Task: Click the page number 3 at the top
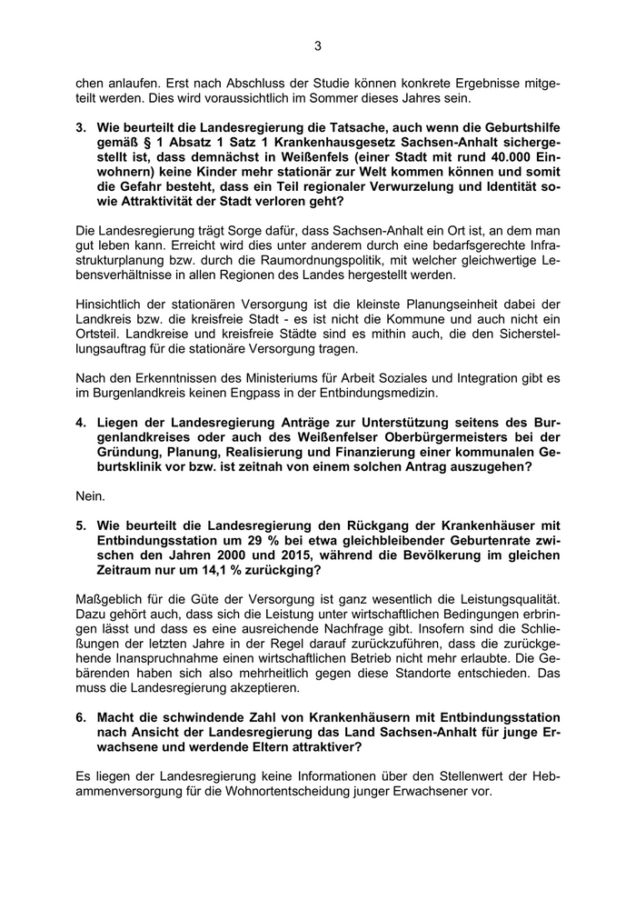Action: [x=318, y=45]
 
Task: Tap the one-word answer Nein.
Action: [x=90, y=495]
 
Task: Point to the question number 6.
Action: [x=80, y=716]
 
